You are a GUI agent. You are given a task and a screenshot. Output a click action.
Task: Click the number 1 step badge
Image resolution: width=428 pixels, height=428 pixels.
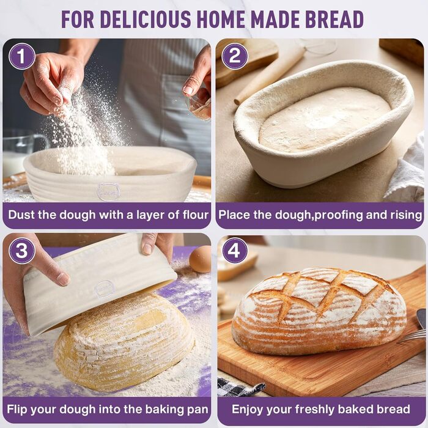(22, 56)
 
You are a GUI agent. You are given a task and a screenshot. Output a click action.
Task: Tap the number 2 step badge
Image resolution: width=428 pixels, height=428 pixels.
(234, 56)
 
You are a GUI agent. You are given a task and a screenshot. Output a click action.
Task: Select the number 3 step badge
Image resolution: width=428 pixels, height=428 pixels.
(22, 251)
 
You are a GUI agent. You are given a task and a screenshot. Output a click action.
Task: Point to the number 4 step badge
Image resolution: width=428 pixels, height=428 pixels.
(234, 251)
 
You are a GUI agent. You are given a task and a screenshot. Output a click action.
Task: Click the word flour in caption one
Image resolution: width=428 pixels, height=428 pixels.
(196, 215)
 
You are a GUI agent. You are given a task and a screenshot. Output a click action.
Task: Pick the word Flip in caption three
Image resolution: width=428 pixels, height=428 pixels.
(17, 410)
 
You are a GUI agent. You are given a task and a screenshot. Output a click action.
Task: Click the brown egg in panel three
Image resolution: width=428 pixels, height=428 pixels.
(201, 259)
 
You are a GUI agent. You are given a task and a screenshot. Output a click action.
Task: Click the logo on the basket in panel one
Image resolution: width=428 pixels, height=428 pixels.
(109, 191)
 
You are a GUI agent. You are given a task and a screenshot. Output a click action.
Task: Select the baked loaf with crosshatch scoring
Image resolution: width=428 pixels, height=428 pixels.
(319, 311)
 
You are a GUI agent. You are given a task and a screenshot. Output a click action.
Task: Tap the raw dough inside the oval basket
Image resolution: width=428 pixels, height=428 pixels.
(324, 120)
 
